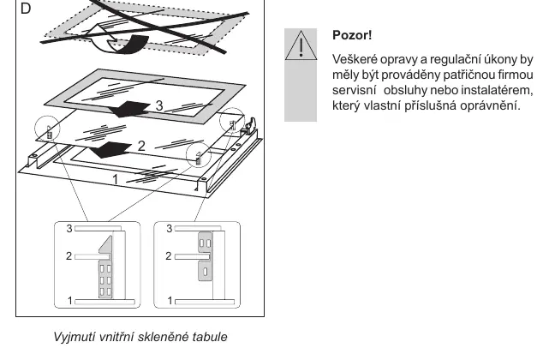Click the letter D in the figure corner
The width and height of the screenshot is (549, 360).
click(26, 9)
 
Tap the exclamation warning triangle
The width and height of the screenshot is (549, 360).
click(301, 45)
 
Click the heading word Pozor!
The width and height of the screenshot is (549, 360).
click(352, 35)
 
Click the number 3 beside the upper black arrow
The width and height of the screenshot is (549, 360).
click(159, 105)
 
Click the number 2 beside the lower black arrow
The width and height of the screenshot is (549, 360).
click(141, 146)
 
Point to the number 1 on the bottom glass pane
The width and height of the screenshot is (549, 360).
click(115, 179)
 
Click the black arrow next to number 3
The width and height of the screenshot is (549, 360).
click(129, 109)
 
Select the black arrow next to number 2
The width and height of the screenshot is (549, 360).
click(110, 150)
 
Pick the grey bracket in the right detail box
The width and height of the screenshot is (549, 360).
click(206, 256)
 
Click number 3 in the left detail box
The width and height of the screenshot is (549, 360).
click(69, 229)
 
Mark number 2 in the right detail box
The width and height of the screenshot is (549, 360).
click(169, 256)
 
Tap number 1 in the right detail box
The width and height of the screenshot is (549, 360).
click(170, 301)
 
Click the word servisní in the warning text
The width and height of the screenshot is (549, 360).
click(355, 90)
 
